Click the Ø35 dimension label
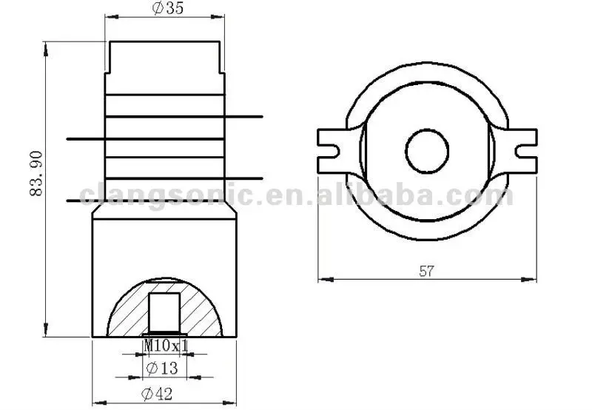[168, 8]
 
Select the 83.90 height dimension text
[36, 174]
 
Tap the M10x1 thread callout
[166, 345]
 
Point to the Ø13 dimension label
[161, 368]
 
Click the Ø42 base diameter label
[157, 394]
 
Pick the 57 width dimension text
[427, 271]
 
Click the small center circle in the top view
[427, 152]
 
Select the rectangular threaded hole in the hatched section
[164, 312]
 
